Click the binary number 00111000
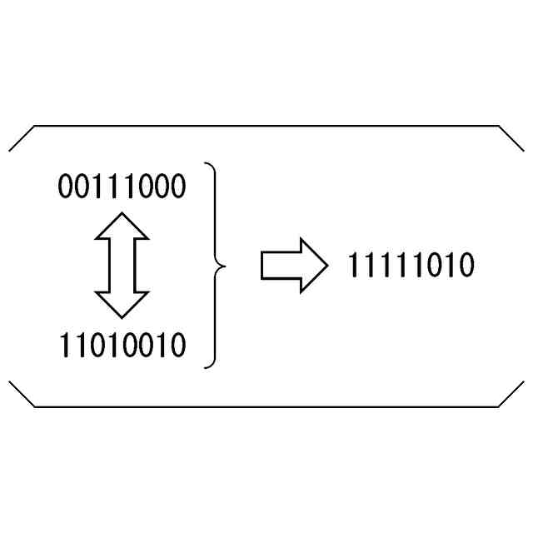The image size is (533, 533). tap(122, 187)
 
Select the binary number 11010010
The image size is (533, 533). tap(122, 345)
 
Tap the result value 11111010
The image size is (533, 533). tap(411, 266)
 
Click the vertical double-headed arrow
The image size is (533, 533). tap(122, 265)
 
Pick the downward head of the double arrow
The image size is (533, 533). tap(122, 305)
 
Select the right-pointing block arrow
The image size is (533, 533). tap(294, 266)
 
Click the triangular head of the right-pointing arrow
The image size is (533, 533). tap(313, 266)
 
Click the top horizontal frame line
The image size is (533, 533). tap(266, 127)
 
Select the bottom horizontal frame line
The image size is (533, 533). tap(266, 406)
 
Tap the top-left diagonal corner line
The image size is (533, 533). tap(22, 138)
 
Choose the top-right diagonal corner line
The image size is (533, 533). tap(511, 138)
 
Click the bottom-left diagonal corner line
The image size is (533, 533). tap(22, 394)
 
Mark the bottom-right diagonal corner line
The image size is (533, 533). tap(511, 394)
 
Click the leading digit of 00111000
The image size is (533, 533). tap(66, 187)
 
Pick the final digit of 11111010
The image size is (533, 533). tap(466, 266)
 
